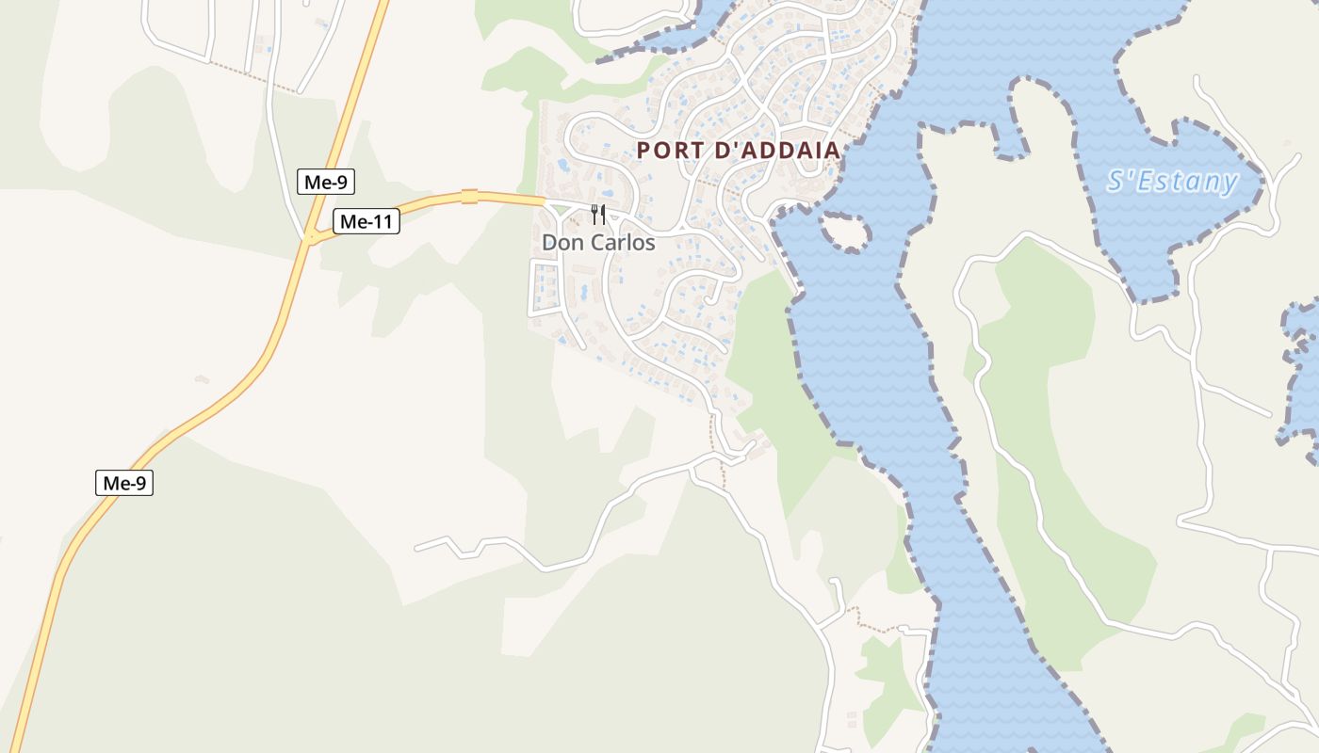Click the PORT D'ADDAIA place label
point(738,150)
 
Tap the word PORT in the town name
point(665,150)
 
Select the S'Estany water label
point(1171,181)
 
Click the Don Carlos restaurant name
point(597,242)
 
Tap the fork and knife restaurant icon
point(597,215)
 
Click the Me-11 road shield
point(366,222)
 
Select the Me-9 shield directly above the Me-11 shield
point(325,183)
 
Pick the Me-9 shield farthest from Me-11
point(124,484)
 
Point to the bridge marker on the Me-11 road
point(469,197)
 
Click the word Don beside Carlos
point(562,242)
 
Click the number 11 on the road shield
point(382,222)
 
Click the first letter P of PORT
point(644,150)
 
